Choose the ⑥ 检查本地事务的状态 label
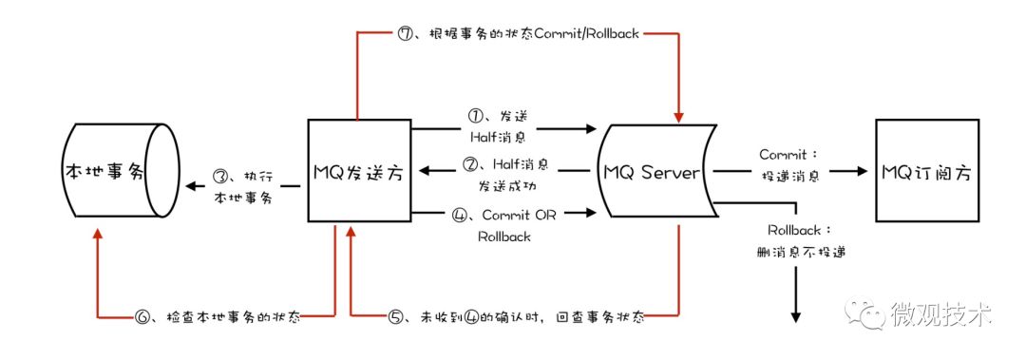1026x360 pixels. (x=219, y=317)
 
